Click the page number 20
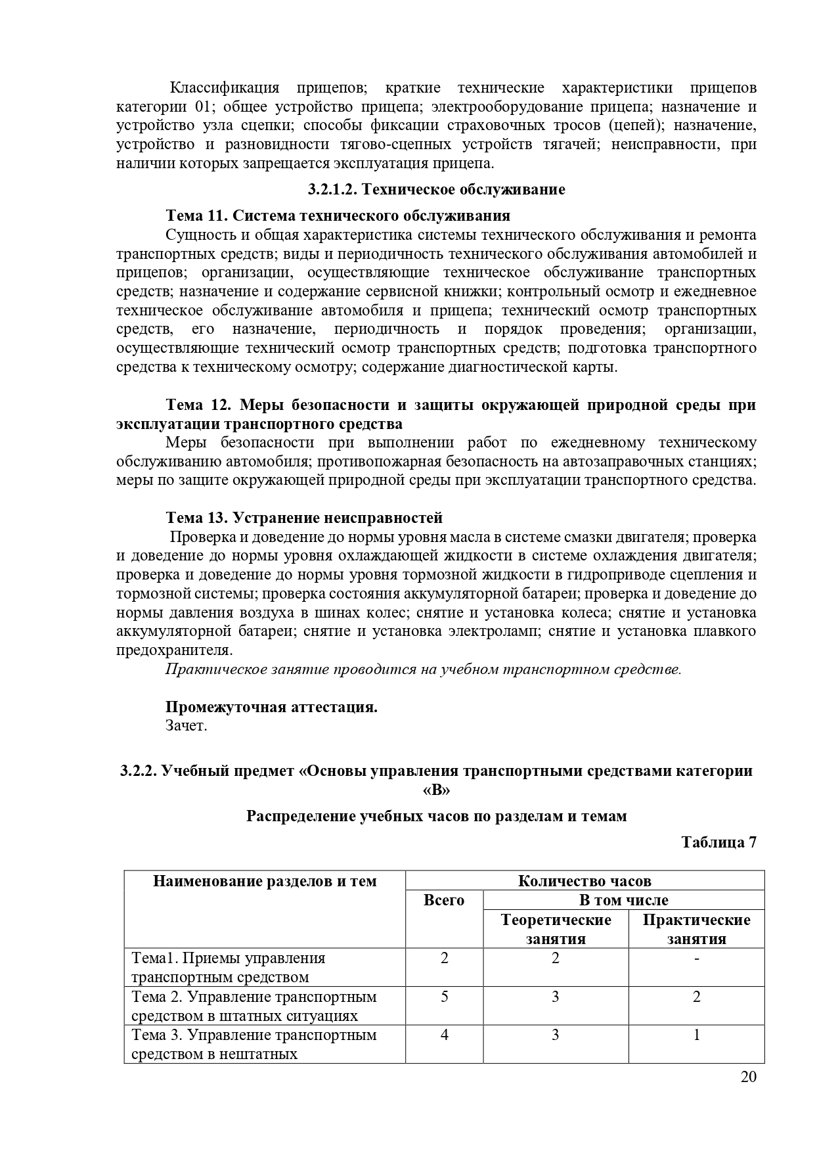749,1077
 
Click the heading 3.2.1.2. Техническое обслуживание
436,190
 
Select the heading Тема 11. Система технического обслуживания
338,215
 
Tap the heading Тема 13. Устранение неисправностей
304,518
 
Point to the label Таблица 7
718,842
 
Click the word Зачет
187,726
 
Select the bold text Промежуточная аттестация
271,707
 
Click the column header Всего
444,900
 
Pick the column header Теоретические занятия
556,929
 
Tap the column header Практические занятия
696,929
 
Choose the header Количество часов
584,881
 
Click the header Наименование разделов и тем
265,881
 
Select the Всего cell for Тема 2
445,997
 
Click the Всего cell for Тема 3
445,1035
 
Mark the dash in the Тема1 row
697,959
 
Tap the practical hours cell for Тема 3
697,1035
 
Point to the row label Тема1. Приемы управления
229,959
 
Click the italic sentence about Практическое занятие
424,669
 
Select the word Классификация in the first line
225,88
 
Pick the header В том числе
623,900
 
